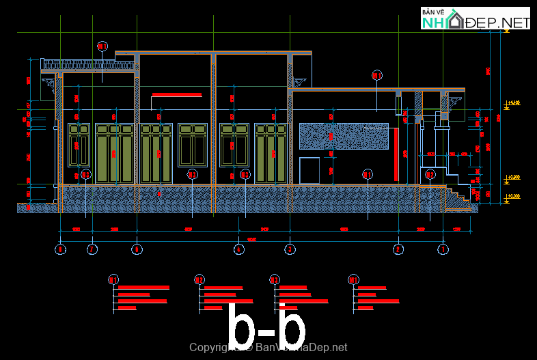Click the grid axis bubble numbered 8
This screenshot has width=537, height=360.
[x=61, y=250]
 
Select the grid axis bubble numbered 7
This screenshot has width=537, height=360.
[x=92, y=250]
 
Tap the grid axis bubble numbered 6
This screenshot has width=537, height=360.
[x=137, y=250]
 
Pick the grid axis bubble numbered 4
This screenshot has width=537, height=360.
[x=238, y=250]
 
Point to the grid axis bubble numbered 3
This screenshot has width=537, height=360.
[x=290, y=250]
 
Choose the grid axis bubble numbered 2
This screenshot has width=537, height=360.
[x=398, y=250]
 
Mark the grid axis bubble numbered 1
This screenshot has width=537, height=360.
[x=443, y=250]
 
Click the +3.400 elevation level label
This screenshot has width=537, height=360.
[x=513, y=104]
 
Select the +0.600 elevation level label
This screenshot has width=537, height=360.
[x=513, y=178]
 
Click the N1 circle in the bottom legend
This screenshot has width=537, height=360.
[x=113, y=279]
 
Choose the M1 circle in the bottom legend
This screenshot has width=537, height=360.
[x=353, y=279]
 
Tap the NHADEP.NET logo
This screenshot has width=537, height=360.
[x=476, y=18]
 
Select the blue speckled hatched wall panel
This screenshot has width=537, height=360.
[x=344, y=136]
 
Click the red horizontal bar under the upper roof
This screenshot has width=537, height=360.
[x=176, y=95]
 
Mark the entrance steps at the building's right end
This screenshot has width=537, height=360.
[x=456, y=197]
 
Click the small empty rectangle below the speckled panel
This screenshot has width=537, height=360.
[x=309, y=170]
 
